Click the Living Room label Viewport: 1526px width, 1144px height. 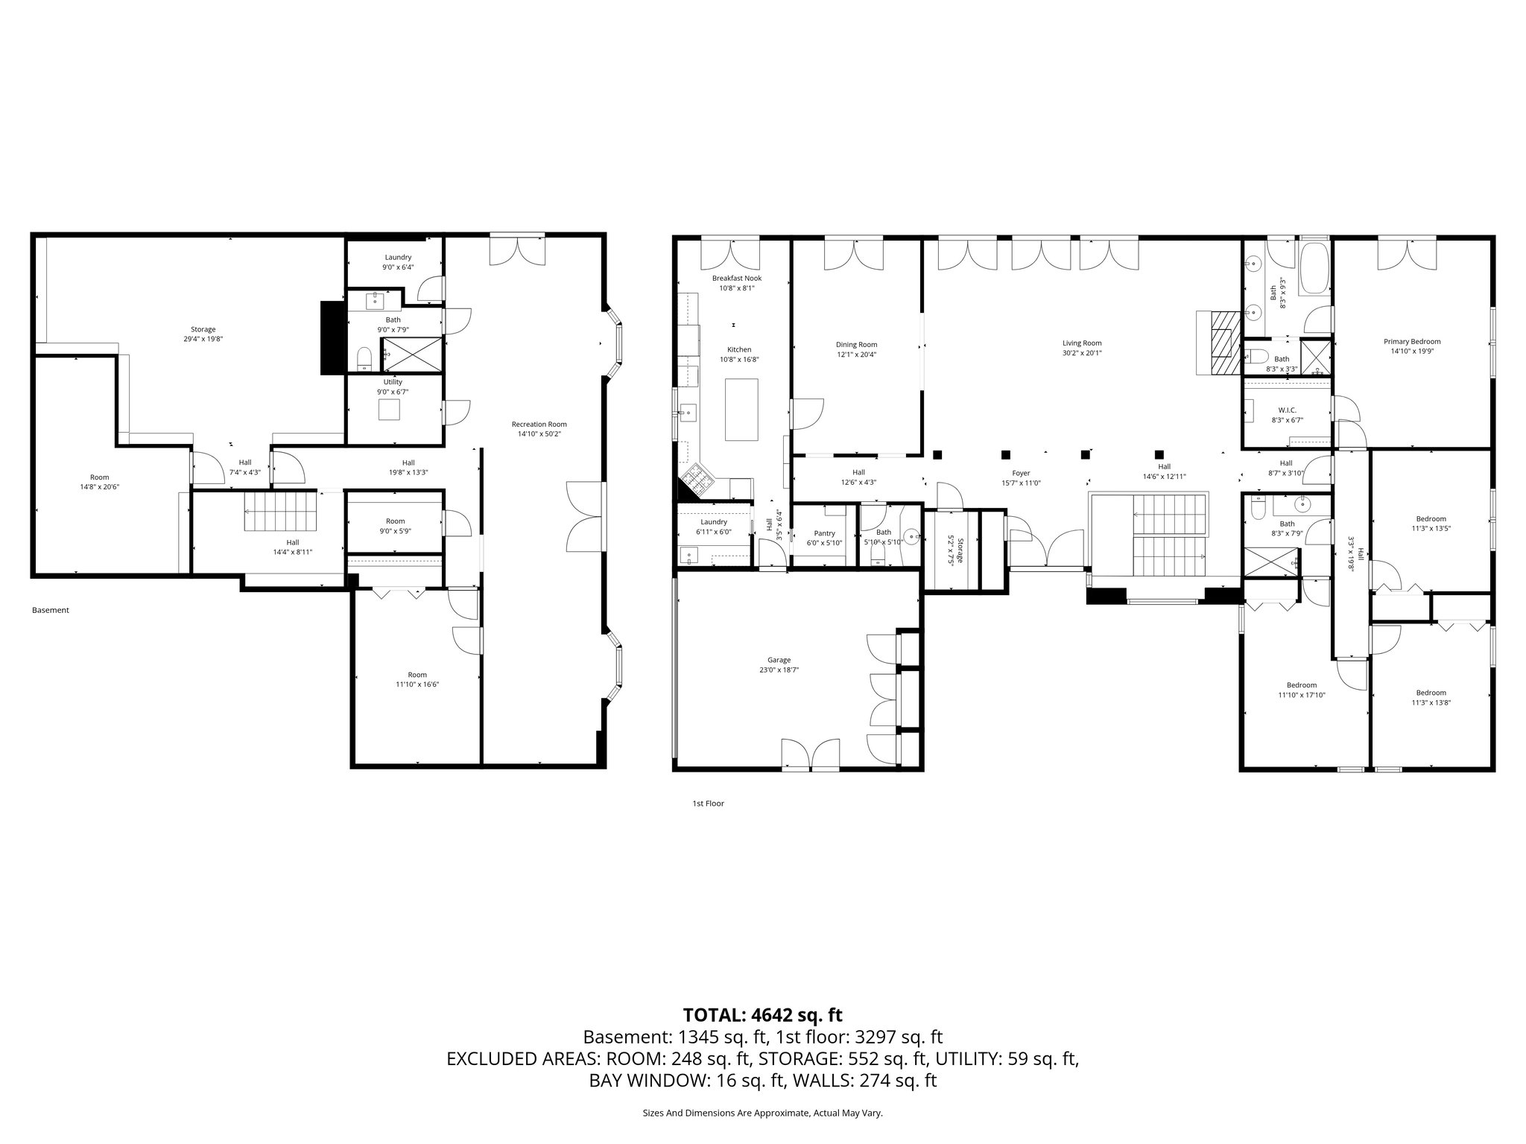(x=1082, y=343)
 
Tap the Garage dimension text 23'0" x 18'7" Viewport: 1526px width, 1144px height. (x=779, y=670)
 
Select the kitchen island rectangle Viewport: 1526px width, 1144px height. (x=741, y=410)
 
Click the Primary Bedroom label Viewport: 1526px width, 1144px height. (x=1412, y=342)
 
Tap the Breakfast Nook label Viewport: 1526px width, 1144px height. (x=736, y=279)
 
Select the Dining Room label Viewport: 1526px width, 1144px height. (x=856, y=345)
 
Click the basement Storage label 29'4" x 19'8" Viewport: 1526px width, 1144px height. (x=203, y=329)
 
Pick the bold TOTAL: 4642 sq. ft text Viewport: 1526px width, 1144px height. (x=762, y=1014)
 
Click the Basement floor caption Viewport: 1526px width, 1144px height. (x=51, y=610)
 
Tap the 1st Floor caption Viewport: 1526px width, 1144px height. (x=708, y=804)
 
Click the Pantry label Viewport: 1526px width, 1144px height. (x=824, y=533)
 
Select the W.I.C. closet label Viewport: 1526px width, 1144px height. (x=1287, y=410)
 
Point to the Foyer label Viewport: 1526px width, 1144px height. (x=1020, y=473)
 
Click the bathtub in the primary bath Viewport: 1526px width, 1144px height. (x=1314, y=267)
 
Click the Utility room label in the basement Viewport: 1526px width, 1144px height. (x=393, y=382)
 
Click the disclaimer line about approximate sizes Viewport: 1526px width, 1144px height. (x=762, y=1113)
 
